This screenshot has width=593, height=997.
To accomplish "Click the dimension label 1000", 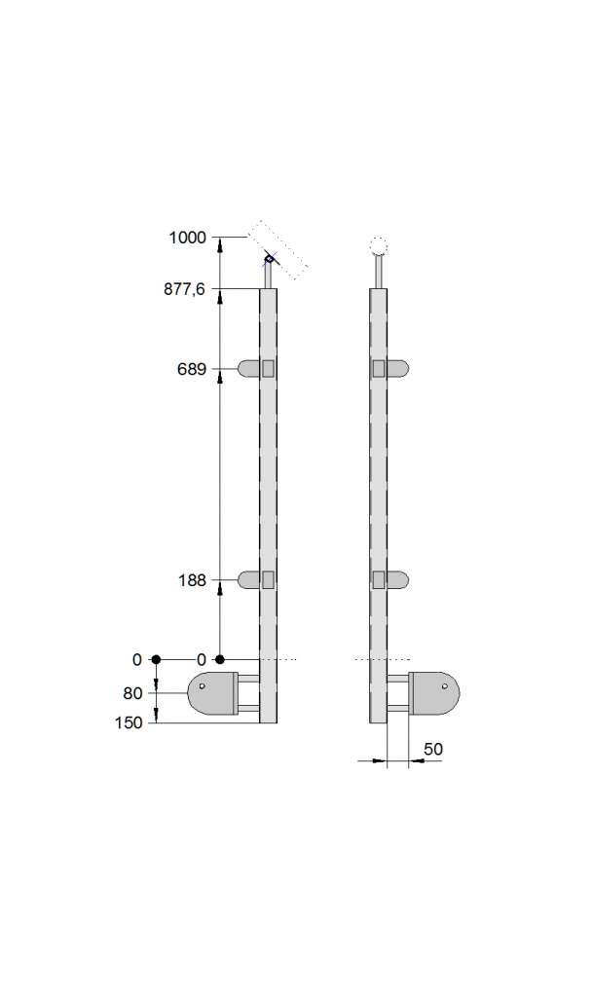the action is [188, 238].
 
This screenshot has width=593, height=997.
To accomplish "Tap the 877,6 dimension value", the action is [185, 289].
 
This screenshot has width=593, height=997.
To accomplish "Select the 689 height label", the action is [192, 369].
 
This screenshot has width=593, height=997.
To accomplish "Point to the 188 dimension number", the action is [192, 580].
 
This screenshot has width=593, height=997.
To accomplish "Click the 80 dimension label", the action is [132, 693].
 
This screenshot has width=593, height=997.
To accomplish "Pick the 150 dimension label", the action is [130, 723].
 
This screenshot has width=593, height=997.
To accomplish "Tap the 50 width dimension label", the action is [433, 749].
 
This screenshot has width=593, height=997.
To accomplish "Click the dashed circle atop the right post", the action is [378, 246].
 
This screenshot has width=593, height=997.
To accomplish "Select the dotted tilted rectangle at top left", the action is [278, 250].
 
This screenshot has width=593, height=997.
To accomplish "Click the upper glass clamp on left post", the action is [257, 369].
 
